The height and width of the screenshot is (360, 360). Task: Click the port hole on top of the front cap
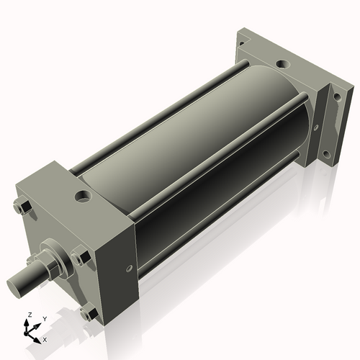click(x=84, y=195)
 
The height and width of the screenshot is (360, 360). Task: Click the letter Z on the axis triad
click(x=29, y=315)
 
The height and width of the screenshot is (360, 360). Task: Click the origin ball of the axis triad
click(x=30, y=330)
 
